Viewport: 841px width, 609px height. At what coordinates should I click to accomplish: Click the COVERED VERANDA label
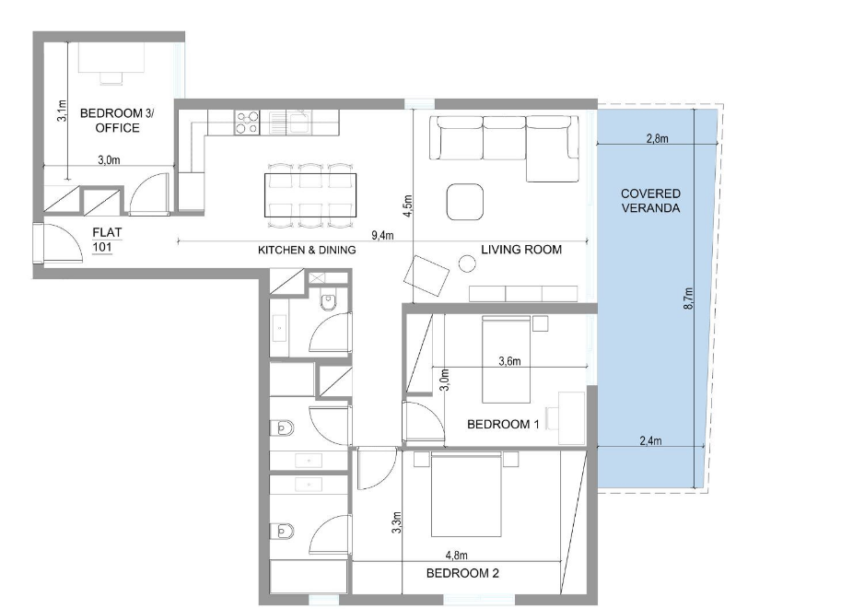pos(650,201)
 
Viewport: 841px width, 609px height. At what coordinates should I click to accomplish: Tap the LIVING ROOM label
pos(521,250)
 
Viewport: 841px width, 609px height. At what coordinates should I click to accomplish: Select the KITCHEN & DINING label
pos(307,250)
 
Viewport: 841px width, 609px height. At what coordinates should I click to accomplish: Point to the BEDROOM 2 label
pos(462,573)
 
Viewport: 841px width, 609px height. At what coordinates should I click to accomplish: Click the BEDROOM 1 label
pos(503,425)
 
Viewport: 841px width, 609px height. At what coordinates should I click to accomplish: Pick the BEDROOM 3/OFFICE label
pos(117,121)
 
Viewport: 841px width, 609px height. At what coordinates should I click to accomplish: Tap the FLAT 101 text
pos(107,240)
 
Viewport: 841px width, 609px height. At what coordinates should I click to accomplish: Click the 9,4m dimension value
pos(382,235)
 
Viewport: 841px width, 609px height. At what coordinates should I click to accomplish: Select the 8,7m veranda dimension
pos(689,299)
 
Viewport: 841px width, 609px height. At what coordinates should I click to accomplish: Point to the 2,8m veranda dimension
pos(657,138)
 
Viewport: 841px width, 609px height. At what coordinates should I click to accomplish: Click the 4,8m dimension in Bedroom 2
pos(456,556)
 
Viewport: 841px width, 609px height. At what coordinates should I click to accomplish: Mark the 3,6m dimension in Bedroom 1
pos(509,361)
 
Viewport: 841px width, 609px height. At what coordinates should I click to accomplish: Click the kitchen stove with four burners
pos(247,123)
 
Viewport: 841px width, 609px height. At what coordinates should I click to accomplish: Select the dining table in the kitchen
pos(310,194)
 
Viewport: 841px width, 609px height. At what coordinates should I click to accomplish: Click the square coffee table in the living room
pos(465,202)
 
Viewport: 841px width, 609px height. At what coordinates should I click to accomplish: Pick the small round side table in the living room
pos(467,264)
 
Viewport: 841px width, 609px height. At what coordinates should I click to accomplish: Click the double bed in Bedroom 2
pos(466,494)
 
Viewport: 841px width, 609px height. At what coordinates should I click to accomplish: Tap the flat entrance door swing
pos(63,243)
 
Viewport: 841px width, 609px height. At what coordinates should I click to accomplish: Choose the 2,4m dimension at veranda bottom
pos(650,440)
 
